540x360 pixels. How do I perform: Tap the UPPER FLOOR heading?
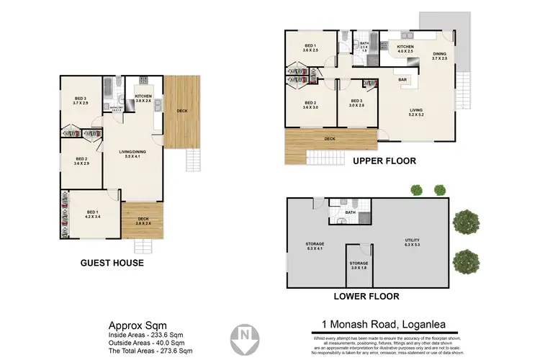[384, 161]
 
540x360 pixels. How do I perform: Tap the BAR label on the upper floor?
[404, 80]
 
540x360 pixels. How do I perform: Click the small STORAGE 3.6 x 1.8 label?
[359, 266]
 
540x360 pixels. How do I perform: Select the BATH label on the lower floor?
[350, 212]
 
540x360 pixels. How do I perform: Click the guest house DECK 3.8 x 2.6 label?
[144, 221]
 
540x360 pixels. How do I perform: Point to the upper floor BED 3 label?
[356, 103]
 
